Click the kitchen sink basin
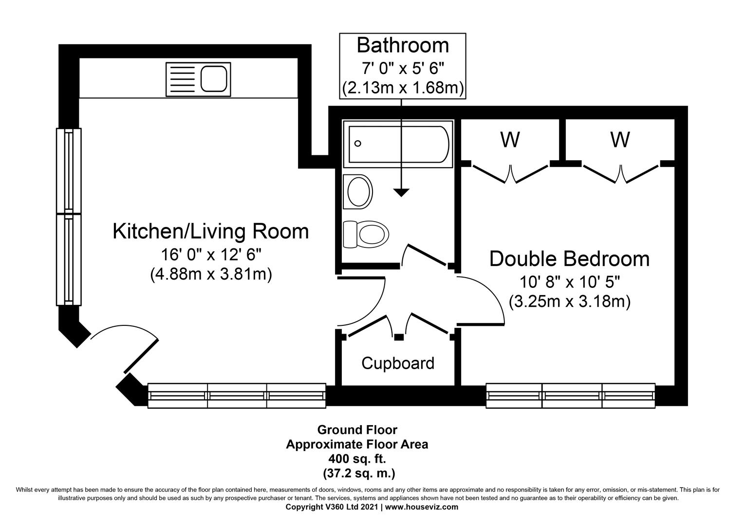tap(214, 79)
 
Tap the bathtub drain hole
tap(358, 144)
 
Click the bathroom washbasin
tap(358, 192)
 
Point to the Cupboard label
tap(398, 363)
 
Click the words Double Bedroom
tap(569, 259)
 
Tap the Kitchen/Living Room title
tap(211, 231)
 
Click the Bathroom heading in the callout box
tap(403, 45)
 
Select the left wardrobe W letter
tap(510, 140)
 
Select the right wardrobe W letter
tap(620, 140)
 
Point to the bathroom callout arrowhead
tap(401, 193)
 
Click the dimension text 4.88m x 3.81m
tap(211, 274)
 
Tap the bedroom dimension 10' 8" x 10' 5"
tap(570, 282)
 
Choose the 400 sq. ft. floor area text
tap(357, 459)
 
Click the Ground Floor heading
tap(357, 430)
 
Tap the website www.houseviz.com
tap(422, 507)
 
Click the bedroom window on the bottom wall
tap(570, 395)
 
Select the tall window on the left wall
tap(69, 217)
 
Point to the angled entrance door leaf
tap(141, 357)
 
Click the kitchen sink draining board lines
tap(182, 79)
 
